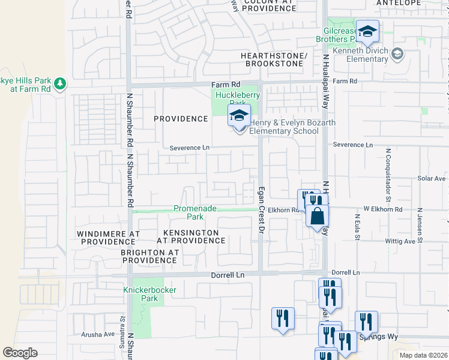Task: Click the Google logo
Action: point(20,353)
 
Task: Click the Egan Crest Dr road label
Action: point(262,210)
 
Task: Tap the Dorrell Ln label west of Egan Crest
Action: point(228,275)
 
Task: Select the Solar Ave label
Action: point(432,179)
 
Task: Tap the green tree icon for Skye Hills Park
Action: point(59,84)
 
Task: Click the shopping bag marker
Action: point(317,215)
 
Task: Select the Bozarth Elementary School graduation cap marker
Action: point(239,115)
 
